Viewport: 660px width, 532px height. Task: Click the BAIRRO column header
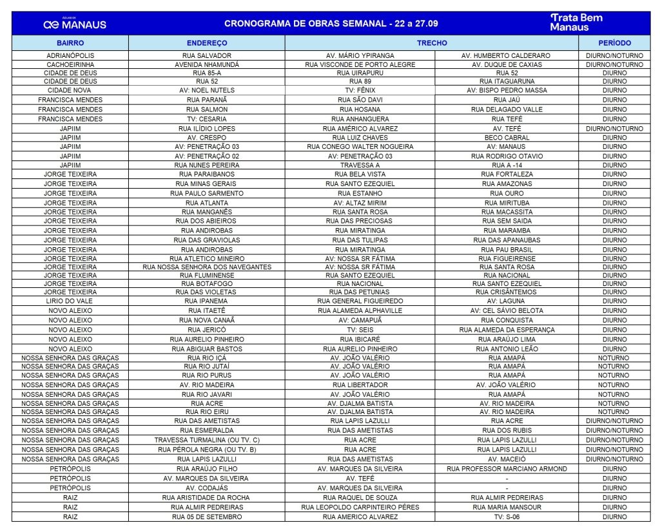pos(70,43)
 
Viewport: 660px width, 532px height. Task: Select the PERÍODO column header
pos(614,43)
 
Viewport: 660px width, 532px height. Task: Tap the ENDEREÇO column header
pos(206,43)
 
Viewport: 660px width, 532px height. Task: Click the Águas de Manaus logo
pos(75,24)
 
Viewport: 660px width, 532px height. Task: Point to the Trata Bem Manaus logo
pos(576,23)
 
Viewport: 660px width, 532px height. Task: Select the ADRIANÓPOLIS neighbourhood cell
pos(70,55)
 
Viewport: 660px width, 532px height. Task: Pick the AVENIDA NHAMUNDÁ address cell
pos(206,64)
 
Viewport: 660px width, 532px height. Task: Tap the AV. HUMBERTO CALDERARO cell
pos(506,55)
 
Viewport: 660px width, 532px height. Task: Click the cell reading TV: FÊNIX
pos(360,90)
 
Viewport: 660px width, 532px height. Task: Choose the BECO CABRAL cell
pos(506,138)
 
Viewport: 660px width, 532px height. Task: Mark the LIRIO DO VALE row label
pos(70,301)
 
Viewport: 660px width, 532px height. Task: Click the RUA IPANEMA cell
pos(206,301)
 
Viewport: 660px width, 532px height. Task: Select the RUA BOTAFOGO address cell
pos(206,283)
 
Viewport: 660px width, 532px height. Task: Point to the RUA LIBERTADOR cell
pos(360,385)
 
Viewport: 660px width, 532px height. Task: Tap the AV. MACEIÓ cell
pos(506,459)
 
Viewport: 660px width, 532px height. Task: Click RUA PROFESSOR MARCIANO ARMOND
pos(506,469)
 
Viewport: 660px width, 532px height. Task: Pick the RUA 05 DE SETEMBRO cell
pos(206,517)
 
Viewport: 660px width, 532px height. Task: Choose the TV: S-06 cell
pos(506,517)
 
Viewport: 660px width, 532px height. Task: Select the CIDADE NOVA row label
pos(70,90)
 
